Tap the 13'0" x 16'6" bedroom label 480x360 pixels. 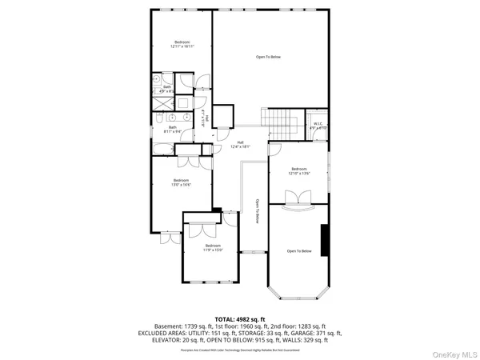pyautogui.click(x=182, y=183)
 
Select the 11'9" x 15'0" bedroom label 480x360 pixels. pyautogui.click(x=212, y=247)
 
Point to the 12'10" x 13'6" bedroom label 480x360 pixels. pyautogui.click(x=299, y=170)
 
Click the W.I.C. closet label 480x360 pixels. pyautogui.click(x=318, y=125)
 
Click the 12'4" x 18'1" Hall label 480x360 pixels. pyautogui.click(x=240, y=144)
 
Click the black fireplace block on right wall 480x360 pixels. pyautogui.click(x=325, y=239)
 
